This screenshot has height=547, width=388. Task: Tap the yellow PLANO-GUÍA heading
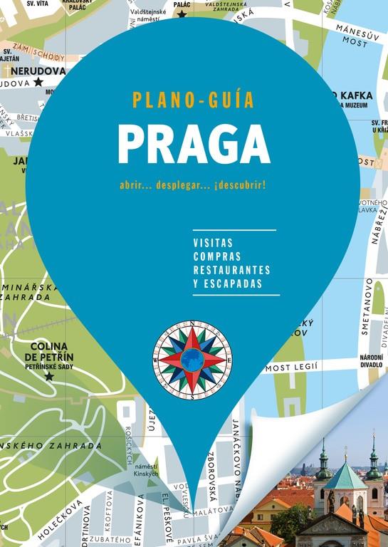[193, 99]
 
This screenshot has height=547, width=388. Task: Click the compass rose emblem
[192, 359]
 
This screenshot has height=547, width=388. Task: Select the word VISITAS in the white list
[213, 243]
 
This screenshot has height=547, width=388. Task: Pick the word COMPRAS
[217, 256]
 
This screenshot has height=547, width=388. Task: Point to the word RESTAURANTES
[231, 270]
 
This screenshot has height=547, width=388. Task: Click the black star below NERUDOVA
[38, 82]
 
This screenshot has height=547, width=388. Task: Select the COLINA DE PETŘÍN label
[49, 352]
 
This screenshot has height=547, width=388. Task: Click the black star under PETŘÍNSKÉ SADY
[49, 375]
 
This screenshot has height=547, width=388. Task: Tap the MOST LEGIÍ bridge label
[293, 368]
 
